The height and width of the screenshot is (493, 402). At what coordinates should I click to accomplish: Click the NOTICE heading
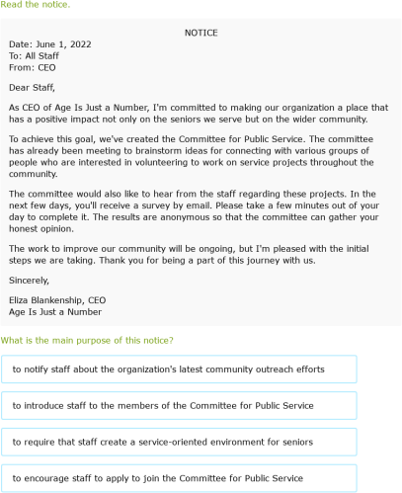[201, 33]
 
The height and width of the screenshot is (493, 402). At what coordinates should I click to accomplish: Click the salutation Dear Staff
[33, 86]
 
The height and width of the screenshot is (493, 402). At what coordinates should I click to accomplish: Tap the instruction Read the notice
[36, 5]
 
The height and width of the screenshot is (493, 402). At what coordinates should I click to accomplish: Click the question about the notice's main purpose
[88, 341]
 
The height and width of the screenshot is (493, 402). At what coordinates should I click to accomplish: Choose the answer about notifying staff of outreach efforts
[168, 370]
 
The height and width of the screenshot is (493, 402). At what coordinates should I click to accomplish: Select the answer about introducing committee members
[163, 405]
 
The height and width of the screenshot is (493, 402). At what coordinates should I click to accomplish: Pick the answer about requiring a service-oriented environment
[163, 442]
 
